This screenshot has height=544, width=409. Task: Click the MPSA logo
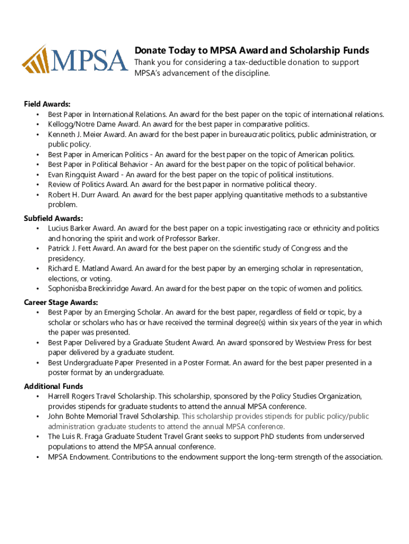coord(75,58)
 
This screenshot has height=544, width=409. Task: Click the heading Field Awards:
coord(47,104)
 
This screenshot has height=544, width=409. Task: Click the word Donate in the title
coord(149,50)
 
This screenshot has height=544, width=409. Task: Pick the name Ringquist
coord(81,175)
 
